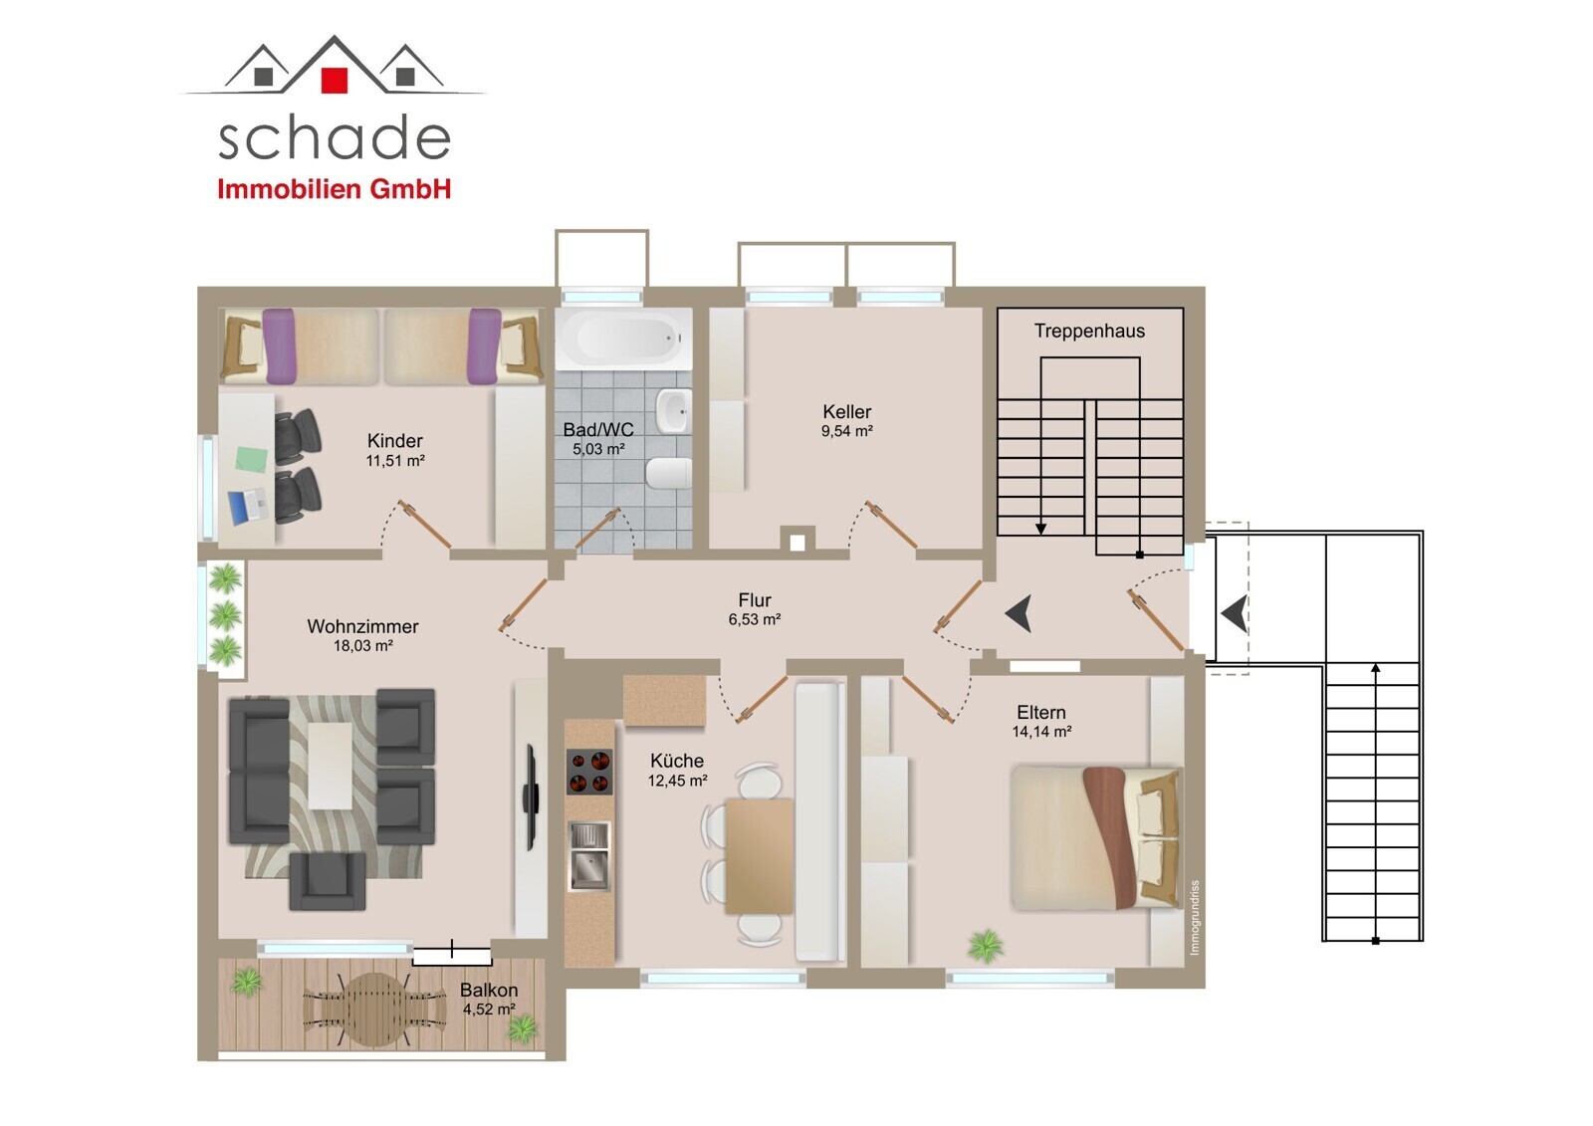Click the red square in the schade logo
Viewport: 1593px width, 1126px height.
pos(335,80)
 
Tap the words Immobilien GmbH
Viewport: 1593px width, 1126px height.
pos(335,189)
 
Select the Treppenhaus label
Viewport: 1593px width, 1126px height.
pos(1089,331)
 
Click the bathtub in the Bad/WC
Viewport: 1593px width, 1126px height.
pos(623,338)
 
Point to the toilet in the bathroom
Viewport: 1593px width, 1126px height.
pos(669,473)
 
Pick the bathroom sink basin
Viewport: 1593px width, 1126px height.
pos(673,412)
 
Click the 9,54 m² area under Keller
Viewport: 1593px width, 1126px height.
pos(847,431)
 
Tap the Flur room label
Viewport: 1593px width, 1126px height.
pos(755,599)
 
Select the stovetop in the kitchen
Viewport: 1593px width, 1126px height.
pos(589,772)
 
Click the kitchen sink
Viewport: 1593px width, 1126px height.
pos(588,856)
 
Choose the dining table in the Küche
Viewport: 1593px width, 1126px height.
pos(760,856)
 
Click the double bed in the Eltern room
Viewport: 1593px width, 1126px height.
pos(1094,838)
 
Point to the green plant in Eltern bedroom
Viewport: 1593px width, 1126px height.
pos(986,946)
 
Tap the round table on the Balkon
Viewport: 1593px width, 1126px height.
pos(374,1010)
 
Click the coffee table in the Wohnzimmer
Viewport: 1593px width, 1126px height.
pos(330,766)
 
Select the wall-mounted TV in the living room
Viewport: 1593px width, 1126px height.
pos(531,796)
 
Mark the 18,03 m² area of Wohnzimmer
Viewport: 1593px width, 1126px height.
pos(363,646)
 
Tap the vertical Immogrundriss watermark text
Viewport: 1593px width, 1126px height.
pos(1195,918)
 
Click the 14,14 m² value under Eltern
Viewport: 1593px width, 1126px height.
pos(1041,731)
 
